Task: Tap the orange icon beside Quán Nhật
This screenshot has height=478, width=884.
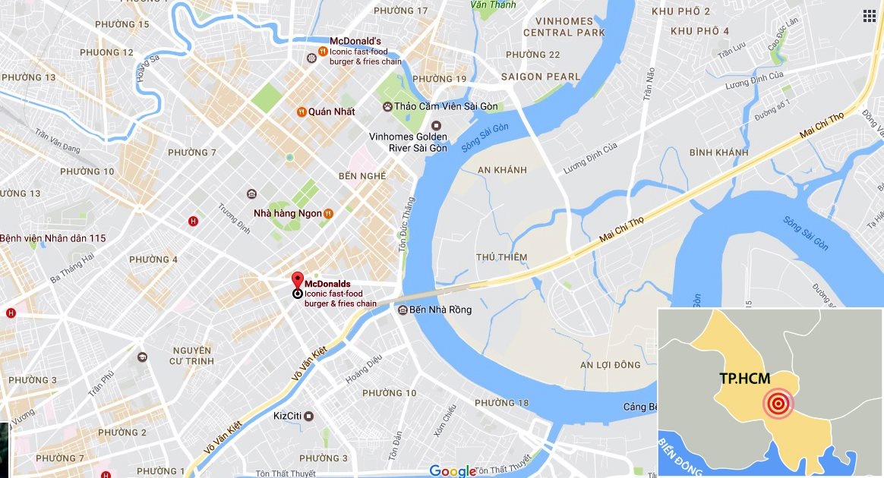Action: point(302,112)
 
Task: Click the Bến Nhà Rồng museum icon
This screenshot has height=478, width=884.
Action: point(402,310)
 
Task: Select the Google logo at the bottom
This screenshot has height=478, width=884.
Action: point(453,471)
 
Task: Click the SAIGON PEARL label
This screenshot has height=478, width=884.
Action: point(540,77)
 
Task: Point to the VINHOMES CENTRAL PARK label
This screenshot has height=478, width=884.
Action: point(564,27)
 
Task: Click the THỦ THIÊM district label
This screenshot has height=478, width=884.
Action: point(501,257)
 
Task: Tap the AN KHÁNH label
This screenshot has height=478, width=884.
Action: point(502,170)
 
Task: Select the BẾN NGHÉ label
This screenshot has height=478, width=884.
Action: point(361,176)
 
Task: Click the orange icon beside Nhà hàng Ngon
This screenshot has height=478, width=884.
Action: point(328,214)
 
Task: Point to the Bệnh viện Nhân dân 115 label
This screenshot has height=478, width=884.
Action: point(52,238)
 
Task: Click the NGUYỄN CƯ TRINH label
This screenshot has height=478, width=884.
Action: point(192,355)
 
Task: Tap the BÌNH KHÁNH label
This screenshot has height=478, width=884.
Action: point(718,153)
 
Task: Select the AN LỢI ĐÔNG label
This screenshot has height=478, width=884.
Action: point(610,365)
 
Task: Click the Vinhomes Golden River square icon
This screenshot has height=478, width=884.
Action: point(436,125)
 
